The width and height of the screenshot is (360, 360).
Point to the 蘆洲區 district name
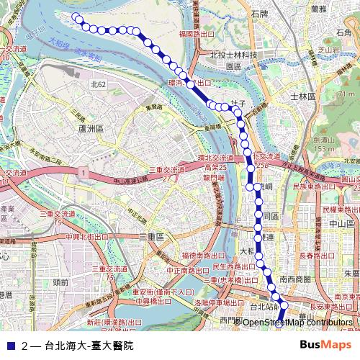tap(91, 127)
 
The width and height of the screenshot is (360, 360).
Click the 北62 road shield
tap(98, 84)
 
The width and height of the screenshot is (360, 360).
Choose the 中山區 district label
tap(338, 224)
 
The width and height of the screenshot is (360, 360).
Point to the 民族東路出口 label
tap(314, 186)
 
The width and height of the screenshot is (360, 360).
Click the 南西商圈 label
tap(295, 279)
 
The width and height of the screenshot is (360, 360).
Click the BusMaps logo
tap(326, 345)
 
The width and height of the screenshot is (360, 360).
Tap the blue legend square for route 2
tap(11, 346)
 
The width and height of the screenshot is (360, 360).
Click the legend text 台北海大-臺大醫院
tap(89, 346)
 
